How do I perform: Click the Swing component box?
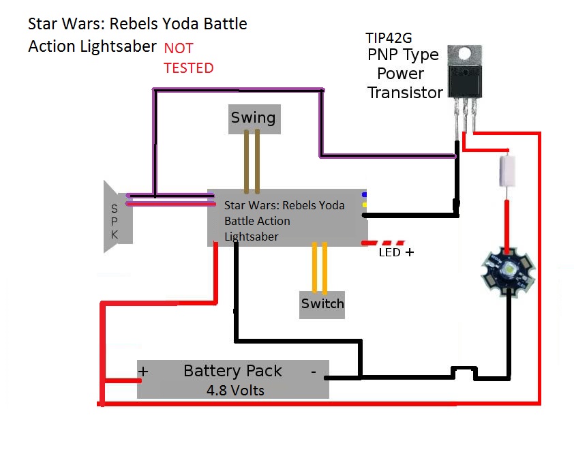click(253, 118)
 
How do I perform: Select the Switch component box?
click(322, 303)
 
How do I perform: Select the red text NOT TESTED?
click(188, 58)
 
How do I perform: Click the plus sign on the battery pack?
click(144, 372)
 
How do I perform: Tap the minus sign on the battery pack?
click(314, 372)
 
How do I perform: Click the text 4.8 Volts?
click(235, 391)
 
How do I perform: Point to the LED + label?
click(396, 252)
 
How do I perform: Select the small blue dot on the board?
click(365, 194)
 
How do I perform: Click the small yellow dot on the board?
click(365, 205)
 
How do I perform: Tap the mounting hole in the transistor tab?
click(465, 52)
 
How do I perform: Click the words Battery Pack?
click(232, 372)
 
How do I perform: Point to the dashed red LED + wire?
click(383, 243)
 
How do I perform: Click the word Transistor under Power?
click(405, 93)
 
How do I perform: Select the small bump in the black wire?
click(464, 372)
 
